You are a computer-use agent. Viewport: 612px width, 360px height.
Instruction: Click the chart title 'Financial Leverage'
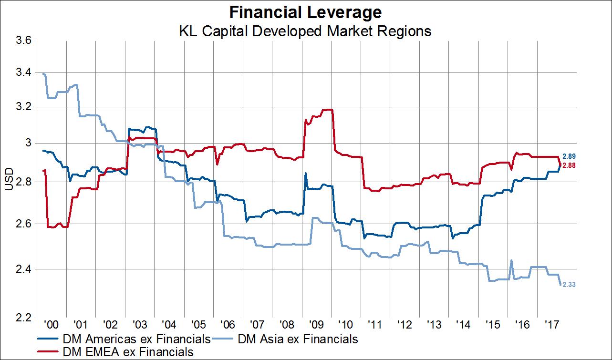click(305, 11)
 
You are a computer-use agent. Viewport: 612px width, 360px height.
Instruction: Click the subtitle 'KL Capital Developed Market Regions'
click(305, 31)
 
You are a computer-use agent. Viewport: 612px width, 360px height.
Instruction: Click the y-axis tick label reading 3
click(28, 143)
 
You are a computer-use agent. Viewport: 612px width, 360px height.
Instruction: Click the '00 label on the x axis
click(51, 325)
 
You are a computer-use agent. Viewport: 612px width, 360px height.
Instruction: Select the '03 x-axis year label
click(140, 325)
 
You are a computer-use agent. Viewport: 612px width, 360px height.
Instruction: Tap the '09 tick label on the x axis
click(317, 325)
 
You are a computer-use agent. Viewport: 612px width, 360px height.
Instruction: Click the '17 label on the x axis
click(552, 325)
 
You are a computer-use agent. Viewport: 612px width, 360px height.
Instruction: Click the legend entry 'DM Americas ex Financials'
click(136, 339)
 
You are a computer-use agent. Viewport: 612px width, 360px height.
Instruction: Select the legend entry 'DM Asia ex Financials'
click(297, 339)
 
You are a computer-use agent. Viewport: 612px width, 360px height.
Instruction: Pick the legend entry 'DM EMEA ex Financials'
click(128, 352)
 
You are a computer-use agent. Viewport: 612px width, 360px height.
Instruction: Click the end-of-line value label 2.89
click(570, 156)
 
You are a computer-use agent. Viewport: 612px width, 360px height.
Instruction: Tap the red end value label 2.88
click(570, 165)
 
